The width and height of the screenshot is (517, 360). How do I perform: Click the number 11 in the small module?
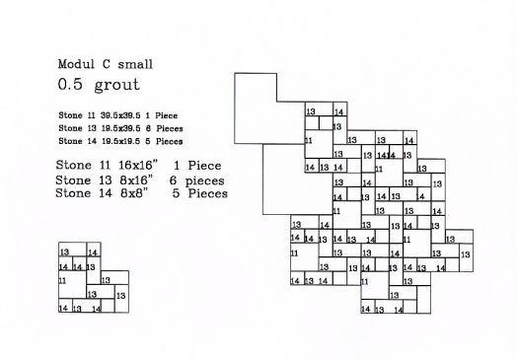[x=63, y=281]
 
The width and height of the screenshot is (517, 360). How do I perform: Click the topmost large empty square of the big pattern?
[x=267, y=108]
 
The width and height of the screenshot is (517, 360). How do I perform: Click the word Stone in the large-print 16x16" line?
[x=77, y=165]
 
